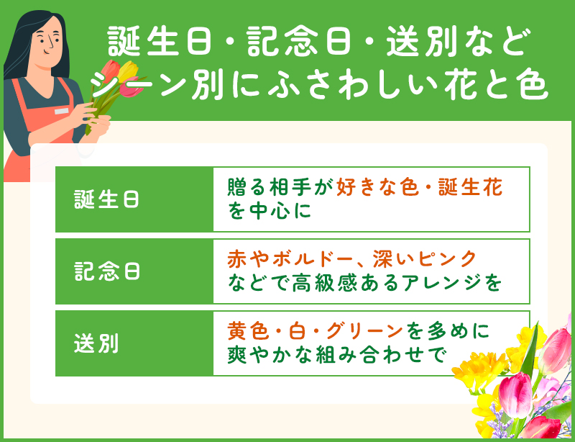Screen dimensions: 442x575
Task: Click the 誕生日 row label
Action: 107,199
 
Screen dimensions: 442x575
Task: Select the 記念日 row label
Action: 107,271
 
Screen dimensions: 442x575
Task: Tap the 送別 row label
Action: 96,343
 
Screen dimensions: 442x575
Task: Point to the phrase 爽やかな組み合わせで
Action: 337,355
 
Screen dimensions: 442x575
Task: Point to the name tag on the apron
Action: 62,111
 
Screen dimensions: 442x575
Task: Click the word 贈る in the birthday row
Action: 244,187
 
